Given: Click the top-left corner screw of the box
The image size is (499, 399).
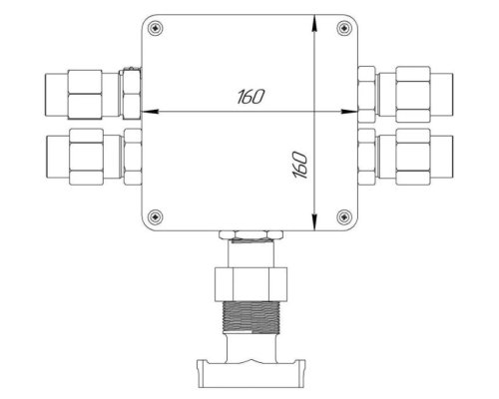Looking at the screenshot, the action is pyautogui.click(x=155, y=28).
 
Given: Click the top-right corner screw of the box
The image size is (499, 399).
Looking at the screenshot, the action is pyautogui.click(x=344, y=28).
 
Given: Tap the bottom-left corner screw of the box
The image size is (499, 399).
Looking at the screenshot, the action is pyautogui.click(x=155, y=217).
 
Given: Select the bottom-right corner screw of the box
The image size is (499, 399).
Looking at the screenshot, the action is pyautogui.click(x=344, y=217).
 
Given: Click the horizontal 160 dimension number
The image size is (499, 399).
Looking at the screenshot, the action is pyautogui.click(x=251, y=97).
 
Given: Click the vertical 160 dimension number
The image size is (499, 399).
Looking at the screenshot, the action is pyautogui.click(x=300, y=165).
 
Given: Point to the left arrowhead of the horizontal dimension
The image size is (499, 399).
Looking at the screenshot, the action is pyautogui.click(x=150, y=112).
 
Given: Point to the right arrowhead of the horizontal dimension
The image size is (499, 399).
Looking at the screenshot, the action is pyautogui.click(x=350, y=112).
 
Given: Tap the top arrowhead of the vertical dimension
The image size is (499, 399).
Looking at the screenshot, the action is pyautogui.click(x=314, y=23).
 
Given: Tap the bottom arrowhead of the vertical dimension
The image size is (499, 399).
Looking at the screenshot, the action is pyautogui.click(x=314, y=222).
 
